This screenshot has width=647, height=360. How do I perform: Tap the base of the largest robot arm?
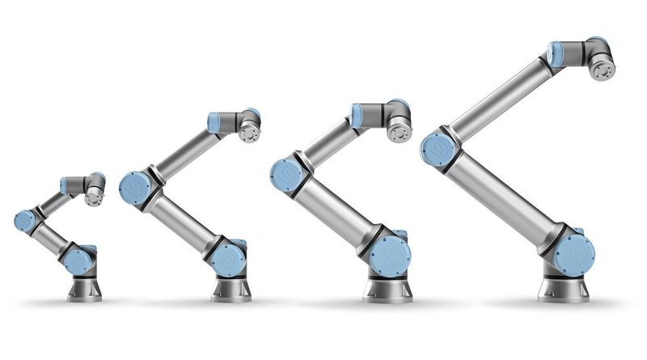point(564,290)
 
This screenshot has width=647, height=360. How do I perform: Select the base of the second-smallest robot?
point(230,289)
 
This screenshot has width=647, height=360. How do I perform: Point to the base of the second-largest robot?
point(387,290)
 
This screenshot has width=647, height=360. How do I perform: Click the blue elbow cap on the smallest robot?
point(25,220)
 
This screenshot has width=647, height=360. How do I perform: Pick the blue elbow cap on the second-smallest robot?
point(134,188)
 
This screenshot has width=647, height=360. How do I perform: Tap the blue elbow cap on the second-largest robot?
point(286,175)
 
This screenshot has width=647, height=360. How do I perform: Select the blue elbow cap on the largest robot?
point(438,149)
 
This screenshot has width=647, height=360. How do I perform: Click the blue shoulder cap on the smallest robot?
point(78,260)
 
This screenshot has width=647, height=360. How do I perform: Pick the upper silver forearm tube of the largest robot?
point(501,96)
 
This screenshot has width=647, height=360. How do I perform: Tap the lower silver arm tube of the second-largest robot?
point(340,212)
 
